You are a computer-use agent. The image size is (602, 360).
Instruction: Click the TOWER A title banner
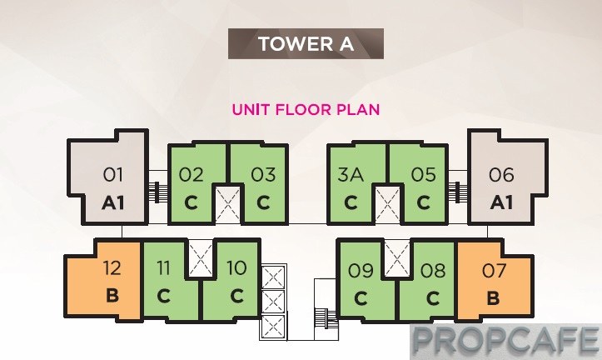coord(306,43)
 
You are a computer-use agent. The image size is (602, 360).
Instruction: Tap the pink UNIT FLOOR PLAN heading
coord(306,109)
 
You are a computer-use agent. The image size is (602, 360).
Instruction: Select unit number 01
coord(113,175)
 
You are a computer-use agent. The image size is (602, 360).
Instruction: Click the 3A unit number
coord(351,174)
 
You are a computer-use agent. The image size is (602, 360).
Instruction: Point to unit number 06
coord(501,175)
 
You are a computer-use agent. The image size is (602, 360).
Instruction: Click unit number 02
coord(191,175)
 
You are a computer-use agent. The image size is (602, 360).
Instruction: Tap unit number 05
coord(424,175)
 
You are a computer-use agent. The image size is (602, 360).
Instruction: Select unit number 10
coord(236,267)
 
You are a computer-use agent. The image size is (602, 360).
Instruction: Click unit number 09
coord(361,271)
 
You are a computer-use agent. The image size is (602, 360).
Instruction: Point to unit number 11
coord(163,267)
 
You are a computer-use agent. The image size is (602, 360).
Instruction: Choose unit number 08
coord(433,271)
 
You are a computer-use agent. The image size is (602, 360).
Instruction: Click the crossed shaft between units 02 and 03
coord(227,204)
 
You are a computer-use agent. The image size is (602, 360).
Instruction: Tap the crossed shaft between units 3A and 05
coord(387,204)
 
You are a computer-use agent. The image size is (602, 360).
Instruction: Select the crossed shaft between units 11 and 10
coord(201,257)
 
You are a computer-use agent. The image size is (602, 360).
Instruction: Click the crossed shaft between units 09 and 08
coord(397,257)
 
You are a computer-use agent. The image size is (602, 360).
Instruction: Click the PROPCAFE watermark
coord(505,340)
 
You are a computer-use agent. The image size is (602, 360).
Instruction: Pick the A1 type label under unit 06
coord(501,202)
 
